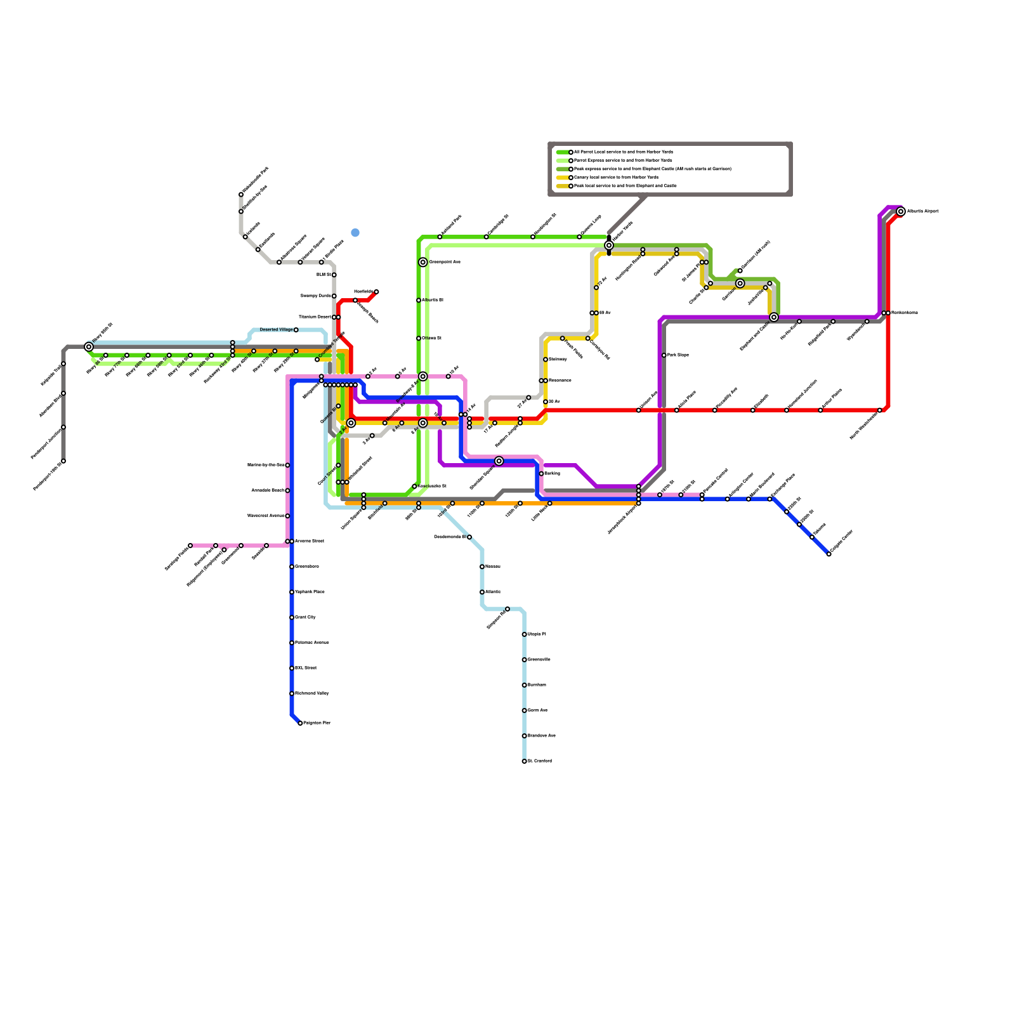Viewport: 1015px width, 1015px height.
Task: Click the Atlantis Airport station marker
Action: coord(900,211)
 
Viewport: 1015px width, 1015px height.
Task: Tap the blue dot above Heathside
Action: coord(355,233)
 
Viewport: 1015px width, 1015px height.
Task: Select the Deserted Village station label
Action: coord(276,330)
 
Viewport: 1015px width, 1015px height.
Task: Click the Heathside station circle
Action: coord(376,292)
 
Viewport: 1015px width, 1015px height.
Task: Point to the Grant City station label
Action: coord(305,617)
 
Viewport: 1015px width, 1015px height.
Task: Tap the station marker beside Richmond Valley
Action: coord(292,693)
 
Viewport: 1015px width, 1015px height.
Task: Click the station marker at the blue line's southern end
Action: coord(300,723)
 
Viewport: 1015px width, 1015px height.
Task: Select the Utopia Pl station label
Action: coord(536,634)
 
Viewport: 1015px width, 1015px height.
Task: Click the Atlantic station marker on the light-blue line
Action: coord(482,592)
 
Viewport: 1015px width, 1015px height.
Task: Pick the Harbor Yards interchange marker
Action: coord(609,246)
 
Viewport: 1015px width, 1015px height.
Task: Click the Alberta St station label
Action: coord(432,300)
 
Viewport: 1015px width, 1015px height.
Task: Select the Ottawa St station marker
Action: coord(419,338)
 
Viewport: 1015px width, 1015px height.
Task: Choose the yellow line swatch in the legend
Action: coord(562,178)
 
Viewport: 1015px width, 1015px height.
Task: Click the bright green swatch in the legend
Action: coord(562,152)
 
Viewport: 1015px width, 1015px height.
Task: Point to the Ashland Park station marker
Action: coord(440,237)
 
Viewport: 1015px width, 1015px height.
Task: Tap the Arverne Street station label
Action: coord(310,541)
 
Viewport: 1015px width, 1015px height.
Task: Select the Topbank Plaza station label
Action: coord(310,592)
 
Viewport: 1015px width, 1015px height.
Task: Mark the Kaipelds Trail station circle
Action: coord(63,363)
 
